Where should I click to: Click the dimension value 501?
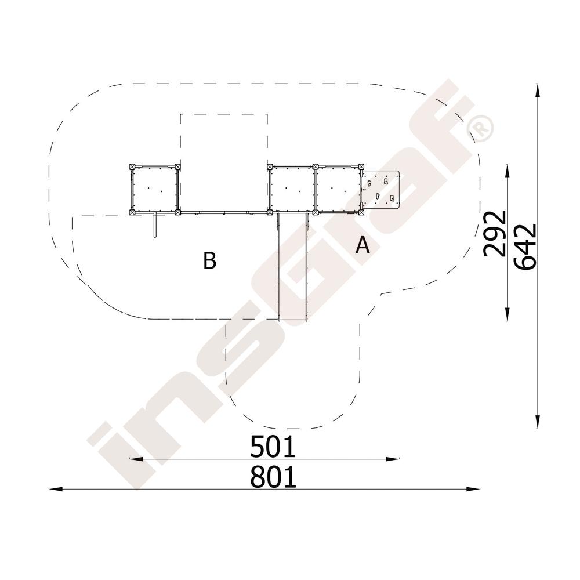tap(273, 447)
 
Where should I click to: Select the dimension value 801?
tap(273, 477)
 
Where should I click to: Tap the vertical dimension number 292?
tap(495, 233)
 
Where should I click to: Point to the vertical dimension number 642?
tap(525, 246)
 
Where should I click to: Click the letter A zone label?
tap(362, 245)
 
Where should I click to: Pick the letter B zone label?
tap(210, 260)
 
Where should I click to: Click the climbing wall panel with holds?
tap(381, 190)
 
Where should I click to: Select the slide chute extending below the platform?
tap(292, 266)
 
